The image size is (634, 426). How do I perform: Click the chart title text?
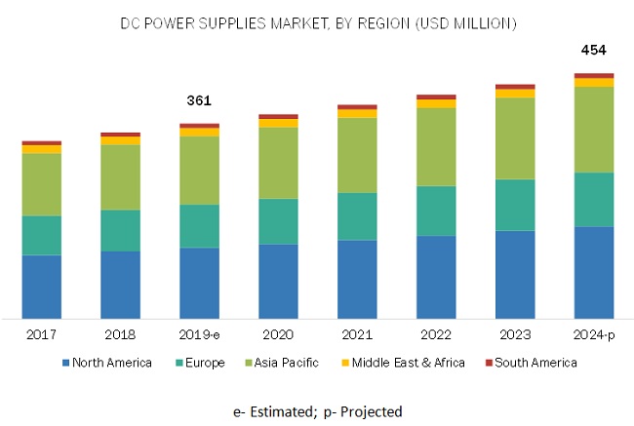click(x=318, y=22)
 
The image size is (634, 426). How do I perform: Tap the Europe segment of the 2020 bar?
click(x=278, y=221)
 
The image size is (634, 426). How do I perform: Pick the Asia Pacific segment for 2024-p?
click(x=594, y=130)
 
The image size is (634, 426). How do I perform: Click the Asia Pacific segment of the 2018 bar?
click(x=120, y=176)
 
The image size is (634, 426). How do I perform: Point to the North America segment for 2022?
click(x=436, y=276)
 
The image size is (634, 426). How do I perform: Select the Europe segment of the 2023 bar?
click(x=515, y=205)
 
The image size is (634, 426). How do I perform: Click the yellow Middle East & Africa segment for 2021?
click(x=357, y=113)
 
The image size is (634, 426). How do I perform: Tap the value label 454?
click(x=594, y=50)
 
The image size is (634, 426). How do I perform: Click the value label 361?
click(x=199, y=100)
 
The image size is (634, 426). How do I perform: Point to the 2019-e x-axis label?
click(x=199, y=334)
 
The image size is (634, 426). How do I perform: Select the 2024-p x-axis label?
click(x=594, y=334)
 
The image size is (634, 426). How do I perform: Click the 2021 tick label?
click(x=357, y=334)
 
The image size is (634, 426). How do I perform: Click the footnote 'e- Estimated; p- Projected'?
click(x=317, y=411)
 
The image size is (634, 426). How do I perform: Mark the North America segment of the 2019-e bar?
click(x=199, y=283)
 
